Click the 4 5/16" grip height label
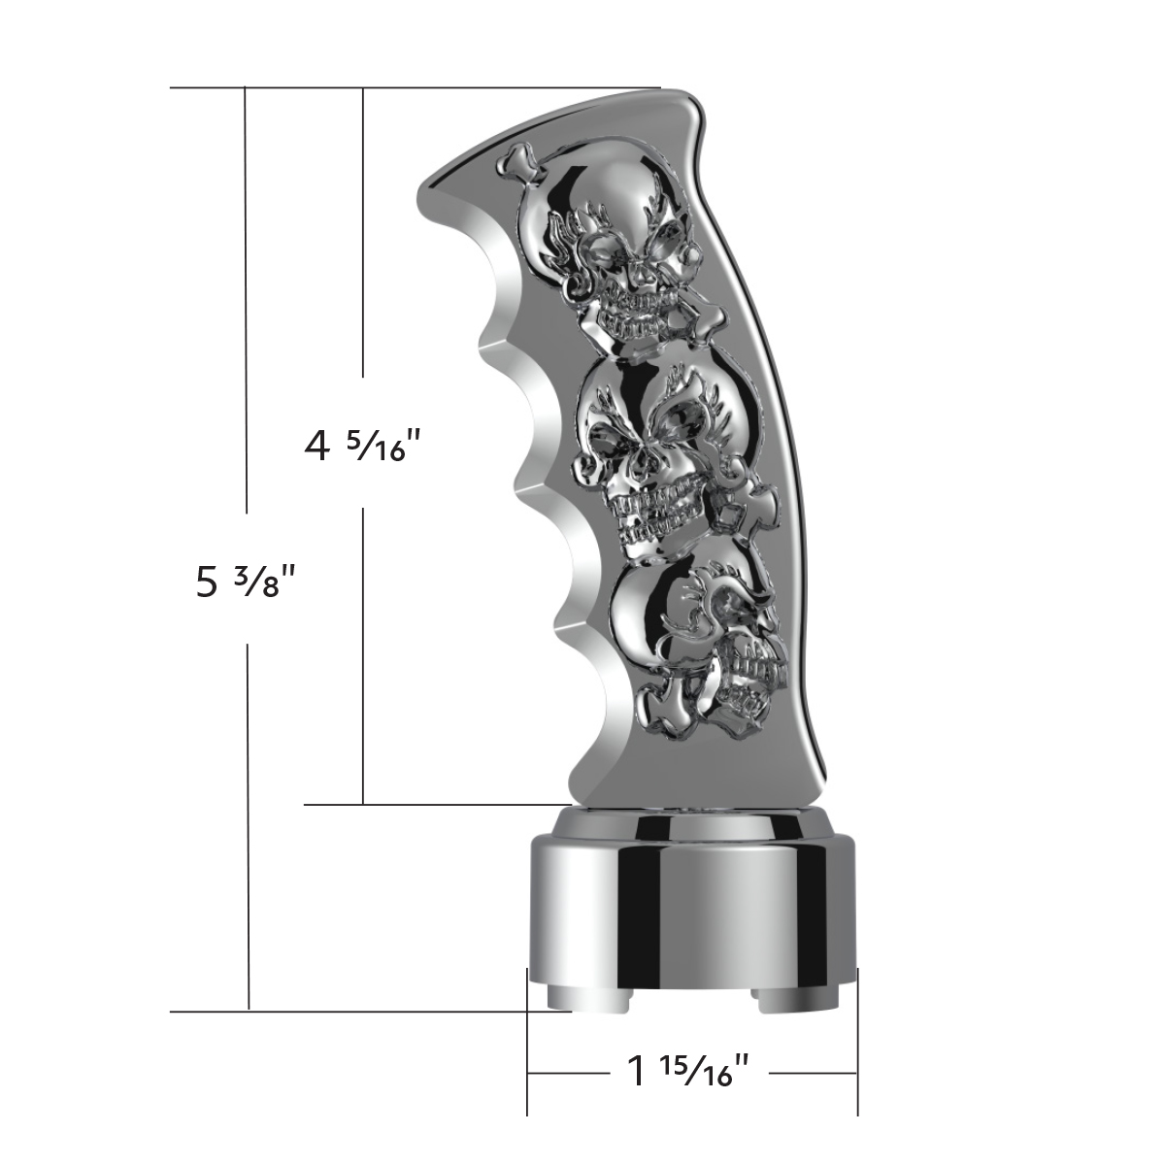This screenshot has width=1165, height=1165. (362, 446)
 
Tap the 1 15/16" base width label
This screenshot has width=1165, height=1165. (687, 1073)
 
